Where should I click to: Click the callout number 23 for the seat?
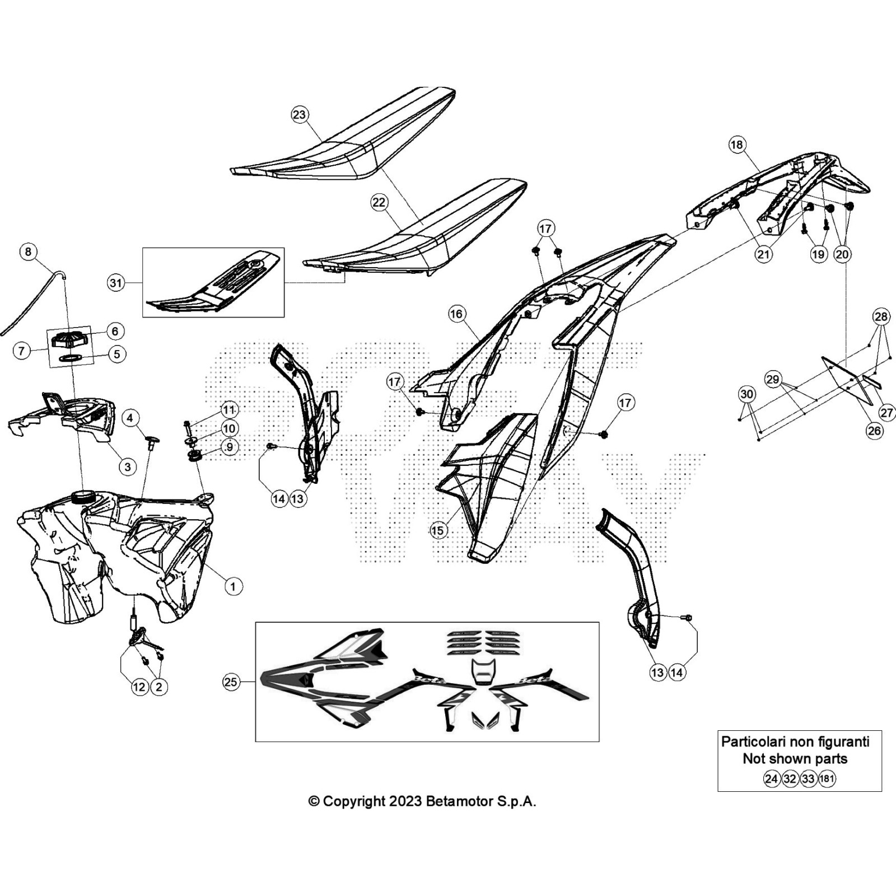coord(300,115)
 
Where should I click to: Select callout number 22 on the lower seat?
coord(379,202)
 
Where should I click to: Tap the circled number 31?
coord(115,283)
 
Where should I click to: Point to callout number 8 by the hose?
coord(29,251)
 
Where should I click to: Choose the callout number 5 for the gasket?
coord(116,354)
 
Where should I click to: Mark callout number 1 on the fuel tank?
coord(233,586)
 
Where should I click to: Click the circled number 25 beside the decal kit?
coord(231,682)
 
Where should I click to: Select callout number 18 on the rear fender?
coord(736,144)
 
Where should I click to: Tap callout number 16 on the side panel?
coord(456,314)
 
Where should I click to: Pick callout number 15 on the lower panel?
coord(438,530)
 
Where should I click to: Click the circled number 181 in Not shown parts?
coord(827,778)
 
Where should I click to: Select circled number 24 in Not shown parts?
coord(772,778)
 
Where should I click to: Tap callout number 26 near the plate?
coord(874,431)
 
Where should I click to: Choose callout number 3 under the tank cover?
coord(128,466)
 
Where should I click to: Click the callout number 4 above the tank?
coord(130,418)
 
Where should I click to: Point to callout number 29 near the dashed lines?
coord(772,380)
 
